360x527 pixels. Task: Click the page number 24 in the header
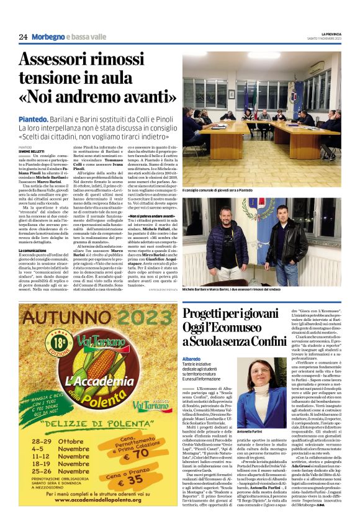tap(24, 37)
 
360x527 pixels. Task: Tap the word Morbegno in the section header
tap(48, 37)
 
